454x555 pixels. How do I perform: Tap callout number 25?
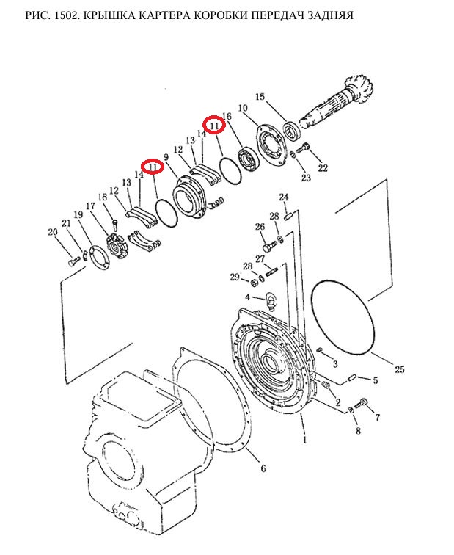click(x=399, y=369)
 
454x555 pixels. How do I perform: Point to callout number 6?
click(x=263, y=468)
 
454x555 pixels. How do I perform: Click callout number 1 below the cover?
click(x=305, y=440)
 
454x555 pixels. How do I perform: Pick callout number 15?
click(x=260, y=97)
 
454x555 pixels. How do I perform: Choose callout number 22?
click(x=323, y=167)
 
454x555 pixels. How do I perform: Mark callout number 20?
click(x=53, y=232)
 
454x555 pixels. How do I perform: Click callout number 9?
click(x=166, y=156)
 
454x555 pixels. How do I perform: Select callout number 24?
click(x=284, y=197)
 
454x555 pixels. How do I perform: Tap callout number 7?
click(x=377, y=418)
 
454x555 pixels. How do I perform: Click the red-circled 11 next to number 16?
click(x=214, y=126)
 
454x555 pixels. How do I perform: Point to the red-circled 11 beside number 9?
click(x=153, y=167)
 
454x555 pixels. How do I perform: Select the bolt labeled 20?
click(x=74, y=261)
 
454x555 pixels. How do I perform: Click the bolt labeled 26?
click(x=270, y=244)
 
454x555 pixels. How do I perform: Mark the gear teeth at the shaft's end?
click(x=361, y=89)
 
